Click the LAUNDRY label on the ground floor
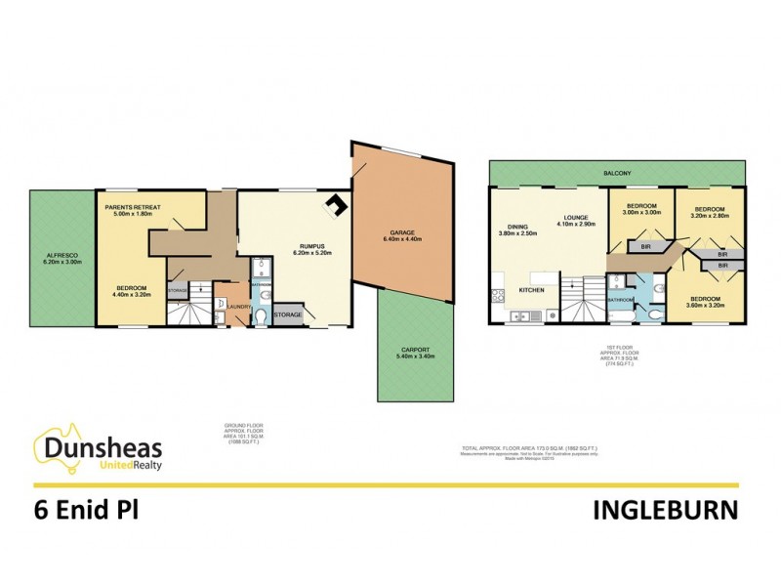coord(240,307)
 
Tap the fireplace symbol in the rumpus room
coord(335,205)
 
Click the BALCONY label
coord(616,173)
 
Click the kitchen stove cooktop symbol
coord(499,294)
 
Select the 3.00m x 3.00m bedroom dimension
coord(641,214)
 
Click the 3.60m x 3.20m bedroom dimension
coord(705,305)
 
